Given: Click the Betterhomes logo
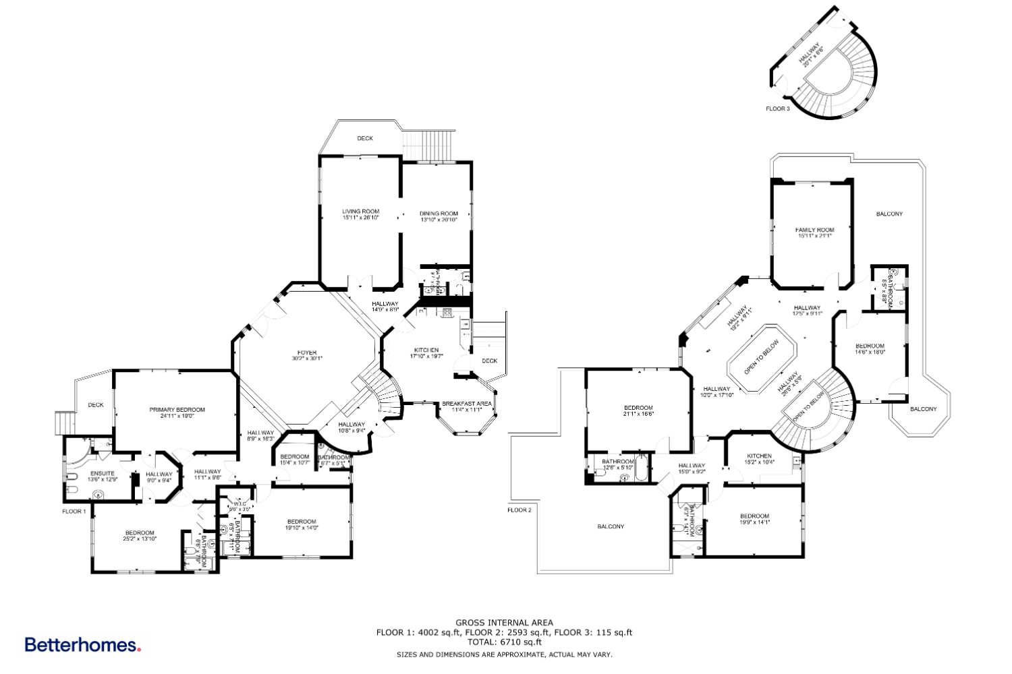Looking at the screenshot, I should [x=82, y=645].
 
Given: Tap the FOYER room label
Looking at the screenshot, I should [x=307, y=353].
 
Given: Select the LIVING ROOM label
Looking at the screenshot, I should [x=360, y=212].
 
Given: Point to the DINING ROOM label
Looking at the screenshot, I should [x=439, y=214].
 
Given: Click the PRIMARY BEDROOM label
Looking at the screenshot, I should [x=177, y=410].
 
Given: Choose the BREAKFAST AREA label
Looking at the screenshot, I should [x=466, y=404].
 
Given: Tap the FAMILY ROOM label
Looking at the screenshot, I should [x=814, y=230].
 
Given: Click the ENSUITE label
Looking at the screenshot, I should [x=102, y=473].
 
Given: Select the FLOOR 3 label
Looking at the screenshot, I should [x=777, y=109].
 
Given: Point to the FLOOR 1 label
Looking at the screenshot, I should [x=74, y=512].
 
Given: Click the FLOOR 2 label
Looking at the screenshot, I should [x=519, y=510].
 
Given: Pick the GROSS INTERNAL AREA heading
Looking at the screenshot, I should [x=504, y=623].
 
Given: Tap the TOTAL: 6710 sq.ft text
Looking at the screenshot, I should [x=504, y=642].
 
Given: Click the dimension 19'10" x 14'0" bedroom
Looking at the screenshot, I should [x=302, y=528].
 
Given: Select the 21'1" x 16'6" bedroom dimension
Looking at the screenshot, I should [x=638, y=415].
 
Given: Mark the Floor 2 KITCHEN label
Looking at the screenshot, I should [x=759, y=456].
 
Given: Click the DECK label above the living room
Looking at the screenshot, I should [x=365, y=138].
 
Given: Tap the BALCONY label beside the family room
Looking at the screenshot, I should [x=889, y=214].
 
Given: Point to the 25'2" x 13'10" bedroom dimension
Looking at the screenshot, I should [x=140, y=539].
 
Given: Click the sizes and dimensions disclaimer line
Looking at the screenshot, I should [x=504, y=654].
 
